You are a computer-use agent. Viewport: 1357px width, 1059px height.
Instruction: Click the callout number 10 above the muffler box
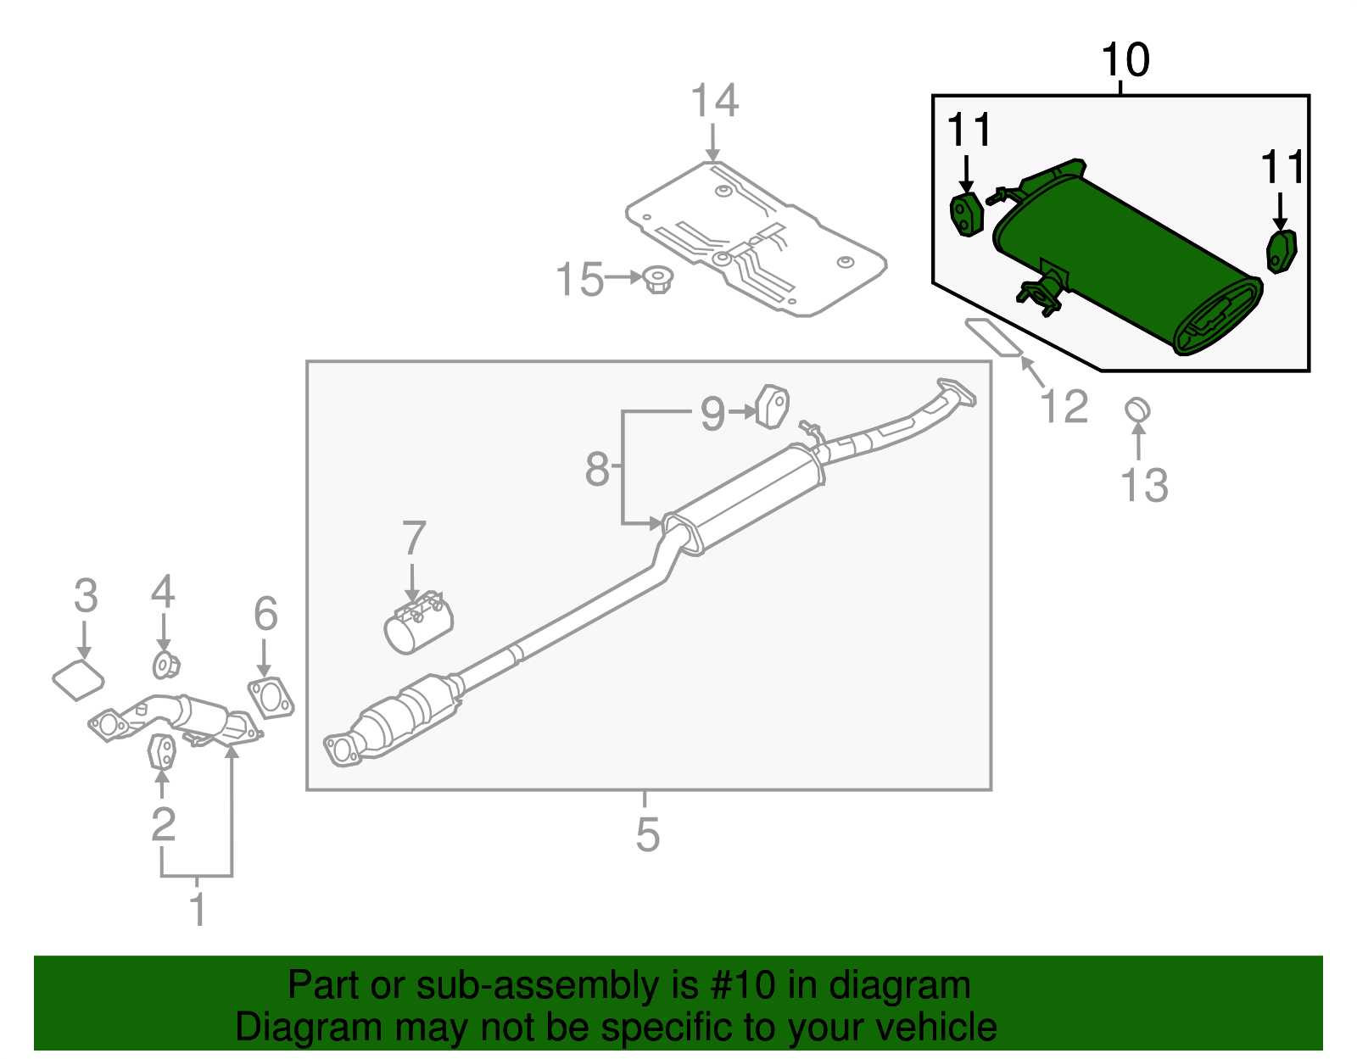(1125, 61)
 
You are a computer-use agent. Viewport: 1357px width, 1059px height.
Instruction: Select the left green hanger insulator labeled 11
(965, 215)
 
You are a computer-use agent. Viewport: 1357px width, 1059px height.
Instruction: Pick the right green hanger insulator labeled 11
(1281, 251)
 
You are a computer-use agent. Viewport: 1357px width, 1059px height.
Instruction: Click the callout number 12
(1064, 407)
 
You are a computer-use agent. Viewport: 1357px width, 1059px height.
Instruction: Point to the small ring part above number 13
(1137, 410)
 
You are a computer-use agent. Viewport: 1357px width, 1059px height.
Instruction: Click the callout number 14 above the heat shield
(714, 101)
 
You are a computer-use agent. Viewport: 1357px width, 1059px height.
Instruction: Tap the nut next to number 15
(656, 280)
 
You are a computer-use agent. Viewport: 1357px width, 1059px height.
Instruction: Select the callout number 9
(712, 414)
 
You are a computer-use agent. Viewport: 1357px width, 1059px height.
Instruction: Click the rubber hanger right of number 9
(773, 406)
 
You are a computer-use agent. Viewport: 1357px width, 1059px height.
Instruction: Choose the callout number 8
(597, 469)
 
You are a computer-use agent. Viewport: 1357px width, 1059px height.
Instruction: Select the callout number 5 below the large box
(647, 835)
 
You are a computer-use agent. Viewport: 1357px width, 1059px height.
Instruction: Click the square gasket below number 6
(271, 697)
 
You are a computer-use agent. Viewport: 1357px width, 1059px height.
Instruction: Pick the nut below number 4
(165, 666)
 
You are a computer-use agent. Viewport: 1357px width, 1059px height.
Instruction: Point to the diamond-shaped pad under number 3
(77, 680)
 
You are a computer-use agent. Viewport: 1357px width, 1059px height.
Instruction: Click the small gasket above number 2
(162, 751)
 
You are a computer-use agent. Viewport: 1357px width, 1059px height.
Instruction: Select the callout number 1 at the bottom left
(198, 910)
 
